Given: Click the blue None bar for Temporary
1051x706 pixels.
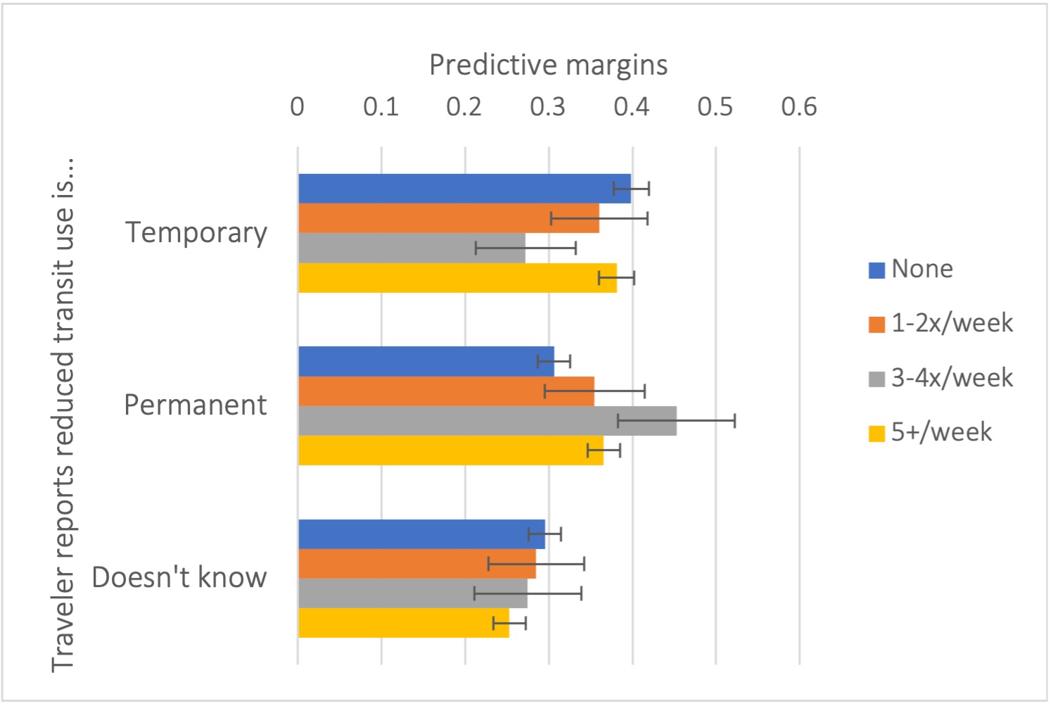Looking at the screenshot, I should (464, 189).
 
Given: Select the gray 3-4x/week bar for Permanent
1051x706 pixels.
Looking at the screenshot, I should (487, 421).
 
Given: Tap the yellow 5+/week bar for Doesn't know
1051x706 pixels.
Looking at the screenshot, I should (403, 623).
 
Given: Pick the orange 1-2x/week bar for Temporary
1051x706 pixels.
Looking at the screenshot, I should (448, 218).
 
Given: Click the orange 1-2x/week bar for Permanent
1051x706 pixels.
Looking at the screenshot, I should (446, 391).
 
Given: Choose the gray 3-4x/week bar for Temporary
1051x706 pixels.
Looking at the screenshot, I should (412, 248).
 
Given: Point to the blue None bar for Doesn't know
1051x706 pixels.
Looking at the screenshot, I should (421, 534).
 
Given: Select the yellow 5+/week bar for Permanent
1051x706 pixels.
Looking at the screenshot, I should (450, 450).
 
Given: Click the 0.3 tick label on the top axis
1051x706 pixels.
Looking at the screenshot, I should (548, 107).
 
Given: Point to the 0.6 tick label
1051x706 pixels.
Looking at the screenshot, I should (798, 107).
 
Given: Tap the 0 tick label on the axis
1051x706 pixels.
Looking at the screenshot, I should (298, 107).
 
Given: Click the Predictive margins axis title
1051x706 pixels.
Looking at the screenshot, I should (548, 65).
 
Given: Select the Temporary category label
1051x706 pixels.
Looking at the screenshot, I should (196, 232).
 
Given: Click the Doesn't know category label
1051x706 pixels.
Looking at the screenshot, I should (179, 577).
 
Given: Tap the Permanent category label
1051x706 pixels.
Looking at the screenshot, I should (196, 405).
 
